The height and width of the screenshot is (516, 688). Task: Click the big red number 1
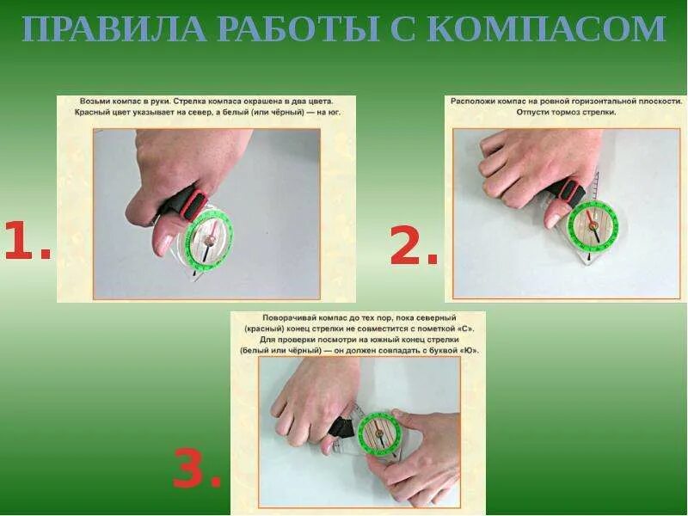[28, 241]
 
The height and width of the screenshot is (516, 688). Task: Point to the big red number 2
[414, 245]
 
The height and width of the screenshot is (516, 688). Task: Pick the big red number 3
[197, 468]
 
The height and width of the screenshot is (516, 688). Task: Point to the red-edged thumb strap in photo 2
[567, 192]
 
